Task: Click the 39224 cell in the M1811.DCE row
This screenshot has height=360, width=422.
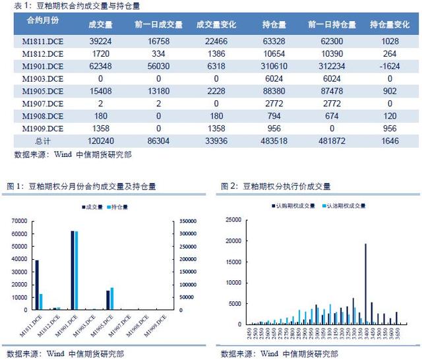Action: (x=101, y=41)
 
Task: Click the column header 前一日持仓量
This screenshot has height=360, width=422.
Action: (x=332, y=24)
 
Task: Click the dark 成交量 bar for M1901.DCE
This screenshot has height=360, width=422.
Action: (x=72, y=270)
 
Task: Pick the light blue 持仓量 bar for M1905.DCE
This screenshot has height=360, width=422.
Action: (x=111, y=299)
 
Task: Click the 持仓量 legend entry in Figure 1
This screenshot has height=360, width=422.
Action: (x=119, y=207)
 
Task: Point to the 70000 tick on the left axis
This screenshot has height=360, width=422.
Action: (x=22, y=221)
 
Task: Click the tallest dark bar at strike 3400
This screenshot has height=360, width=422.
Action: (x=366, y=284)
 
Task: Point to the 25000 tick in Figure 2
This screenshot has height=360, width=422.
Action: (x=236, y=220)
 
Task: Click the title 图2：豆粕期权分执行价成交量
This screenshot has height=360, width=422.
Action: (x=276, y=187)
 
